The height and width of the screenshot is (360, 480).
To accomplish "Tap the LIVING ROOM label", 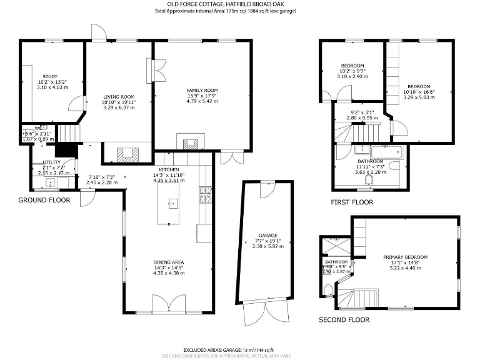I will click(119, 97).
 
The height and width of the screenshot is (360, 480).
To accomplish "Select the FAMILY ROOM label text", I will click(201, 91).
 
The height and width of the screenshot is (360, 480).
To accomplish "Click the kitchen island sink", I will click(173, 202).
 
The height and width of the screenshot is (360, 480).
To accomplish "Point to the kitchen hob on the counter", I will click(204, 195).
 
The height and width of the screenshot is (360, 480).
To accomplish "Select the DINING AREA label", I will click(169, 262).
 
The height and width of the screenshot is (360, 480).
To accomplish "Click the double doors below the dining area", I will click(169, 306).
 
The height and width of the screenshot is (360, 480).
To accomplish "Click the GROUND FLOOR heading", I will click(44, 200).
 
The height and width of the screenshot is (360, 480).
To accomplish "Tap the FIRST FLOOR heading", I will click(352, 202).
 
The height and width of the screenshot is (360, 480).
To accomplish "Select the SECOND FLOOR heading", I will click(344, 319).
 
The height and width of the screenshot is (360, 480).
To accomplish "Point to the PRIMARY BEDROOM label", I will click(405, 257).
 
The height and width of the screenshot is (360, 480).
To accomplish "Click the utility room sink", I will click(51, 182).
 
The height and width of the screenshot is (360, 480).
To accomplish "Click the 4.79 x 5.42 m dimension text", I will click(201, 101).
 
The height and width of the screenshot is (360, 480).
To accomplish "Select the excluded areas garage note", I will click(229, 350).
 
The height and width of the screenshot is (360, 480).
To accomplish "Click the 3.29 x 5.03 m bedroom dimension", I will click(418, 97).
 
